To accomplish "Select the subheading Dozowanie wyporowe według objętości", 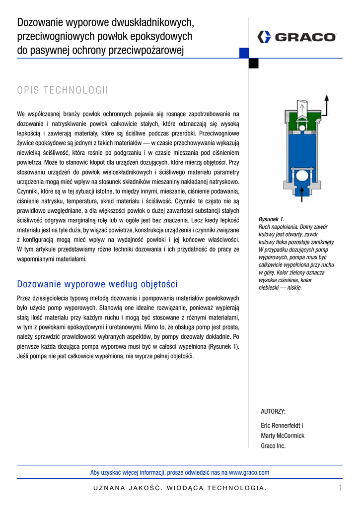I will point(97,284).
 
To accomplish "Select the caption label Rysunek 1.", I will point(271,219).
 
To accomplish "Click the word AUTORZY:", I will point(273,411).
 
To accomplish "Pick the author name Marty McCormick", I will point(283,436).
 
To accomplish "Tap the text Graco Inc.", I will point(274,446).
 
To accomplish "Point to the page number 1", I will point(340,488).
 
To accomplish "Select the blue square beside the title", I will point(244,53).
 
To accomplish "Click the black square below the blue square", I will point(253,63).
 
